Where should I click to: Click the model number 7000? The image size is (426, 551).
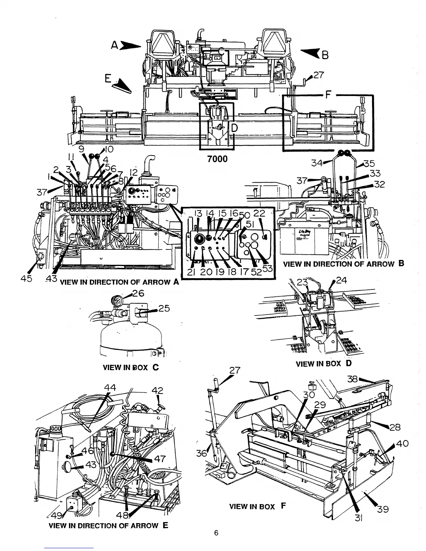click(217, 159)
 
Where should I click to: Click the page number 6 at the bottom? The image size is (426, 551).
click(216, 533)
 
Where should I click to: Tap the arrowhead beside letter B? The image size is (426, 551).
click(310, 53)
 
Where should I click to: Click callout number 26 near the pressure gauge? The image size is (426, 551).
click(138, 293)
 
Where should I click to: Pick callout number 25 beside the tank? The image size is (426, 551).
click(164, 309)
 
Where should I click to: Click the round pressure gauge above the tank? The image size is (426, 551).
click(115, 300)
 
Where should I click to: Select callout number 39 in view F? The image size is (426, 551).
click(383, 509)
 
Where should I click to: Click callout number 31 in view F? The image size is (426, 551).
click(359, 518)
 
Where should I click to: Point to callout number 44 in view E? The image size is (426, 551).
click(110, 388)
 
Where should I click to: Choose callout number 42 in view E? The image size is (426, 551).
click(158, 391)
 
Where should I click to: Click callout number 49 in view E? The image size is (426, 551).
click(56, 515)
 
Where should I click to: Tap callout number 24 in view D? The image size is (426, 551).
click(342, 280)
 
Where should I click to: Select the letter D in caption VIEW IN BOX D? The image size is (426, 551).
click(348, 364)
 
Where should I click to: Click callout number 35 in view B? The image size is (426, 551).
click(369, 163)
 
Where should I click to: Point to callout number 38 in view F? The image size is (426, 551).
click(352, 379)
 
